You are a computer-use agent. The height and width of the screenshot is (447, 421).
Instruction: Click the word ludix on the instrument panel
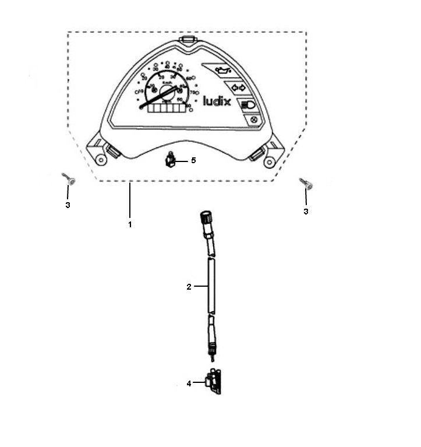[217, 103]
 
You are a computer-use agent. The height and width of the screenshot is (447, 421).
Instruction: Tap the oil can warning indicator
[221, 71]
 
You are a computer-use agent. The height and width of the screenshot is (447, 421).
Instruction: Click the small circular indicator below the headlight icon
[254, 121]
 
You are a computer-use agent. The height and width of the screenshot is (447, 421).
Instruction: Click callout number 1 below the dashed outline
[130, 224]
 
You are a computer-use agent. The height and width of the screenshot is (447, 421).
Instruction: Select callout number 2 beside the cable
[189, 286]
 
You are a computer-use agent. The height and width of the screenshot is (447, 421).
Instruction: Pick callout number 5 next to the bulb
[193, 160]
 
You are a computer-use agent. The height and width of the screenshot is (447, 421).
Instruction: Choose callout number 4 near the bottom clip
[189, 383]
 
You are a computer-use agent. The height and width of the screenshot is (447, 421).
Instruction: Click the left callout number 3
[68, 205]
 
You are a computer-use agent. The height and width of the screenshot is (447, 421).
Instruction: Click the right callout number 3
[306, 212]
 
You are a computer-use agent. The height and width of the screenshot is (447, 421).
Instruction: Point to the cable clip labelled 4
[215, 383]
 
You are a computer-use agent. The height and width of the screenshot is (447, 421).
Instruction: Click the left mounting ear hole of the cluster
[101, 159]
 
